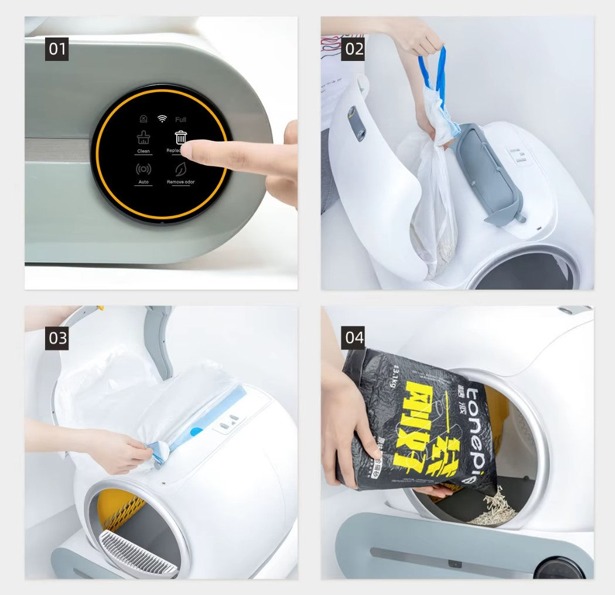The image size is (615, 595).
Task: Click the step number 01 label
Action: [x=57, y=49]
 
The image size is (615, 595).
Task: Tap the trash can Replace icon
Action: [x=181, y=138]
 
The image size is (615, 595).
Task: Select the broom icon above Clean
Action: [x=143, y=138]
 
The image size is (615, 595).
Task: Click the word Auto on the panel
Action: [x=143, y=182]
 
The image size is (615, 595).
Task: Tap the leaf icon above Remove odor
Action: [x=180, y=169]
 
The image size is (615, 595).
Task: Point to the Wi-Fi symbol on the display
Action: [x=162, y=119]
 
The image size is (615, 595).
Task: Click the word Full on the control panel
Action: [x=180, y=120]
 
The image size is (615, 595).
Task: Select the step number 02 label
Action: [x=354, y=49]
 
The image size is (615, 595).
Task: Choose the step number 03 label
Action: [x=57, y=338]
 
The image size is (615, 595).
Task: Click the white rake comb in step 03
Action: [x=138, y=554]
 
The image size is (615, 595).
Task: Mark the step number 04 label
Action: [x=354, y=338]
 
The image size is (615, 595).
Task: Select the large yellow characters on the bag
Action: [x=422, y=428]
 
